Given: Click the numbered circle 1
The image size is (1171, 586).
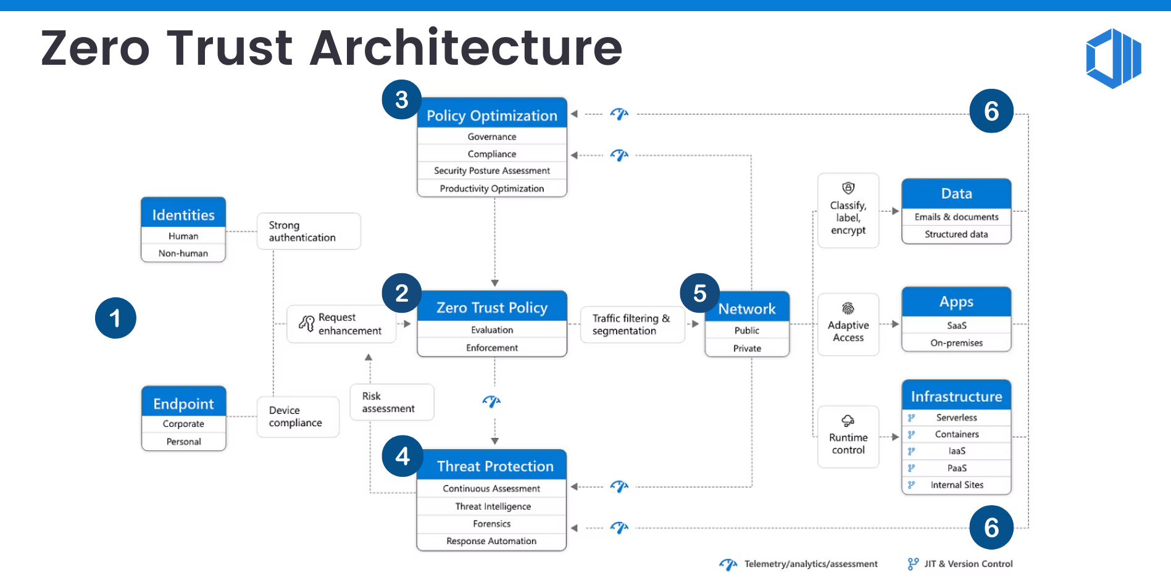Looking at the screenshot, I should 115,318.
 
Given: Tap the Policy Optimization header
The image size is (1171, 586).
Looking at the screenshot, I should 492,115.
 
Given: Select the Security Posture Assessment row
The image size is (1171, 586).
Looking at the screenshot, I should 492,171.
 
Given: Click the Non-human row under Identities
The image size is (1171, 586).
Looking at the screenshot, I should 183,254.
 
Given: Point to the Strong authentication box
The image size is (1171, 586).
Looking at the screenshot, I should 309,231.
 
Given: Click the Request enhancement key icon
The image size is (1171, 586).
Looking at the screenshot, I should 307,323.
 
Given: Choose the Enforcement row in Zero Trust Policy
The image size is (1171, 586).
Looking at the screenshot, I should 492,348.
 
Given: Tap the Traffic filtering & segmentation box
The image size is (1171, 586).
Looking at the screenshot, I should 632,324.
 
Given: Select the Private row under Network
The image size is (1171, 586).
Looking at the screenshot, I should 747,349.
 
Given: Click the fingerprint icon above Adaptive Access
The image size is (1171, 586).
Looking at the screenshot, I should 848,308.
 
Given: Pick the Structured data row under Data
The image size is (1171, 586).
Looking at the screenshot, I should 956,234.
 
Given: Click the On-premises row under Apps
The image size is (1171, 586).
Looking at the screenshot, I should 956,343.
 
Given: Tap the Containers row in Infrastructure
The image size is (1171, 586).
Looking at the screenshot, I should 956,434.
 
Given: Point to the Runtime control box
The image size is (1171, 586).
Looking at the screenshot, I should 848,437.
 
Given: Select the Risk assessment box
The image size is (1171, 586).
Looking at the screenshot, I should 391,402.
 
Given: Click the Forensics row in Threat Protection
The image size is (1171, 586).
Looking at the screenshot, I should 492,524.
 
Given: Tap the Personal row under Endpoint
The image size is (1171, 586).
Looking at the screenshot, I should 183,442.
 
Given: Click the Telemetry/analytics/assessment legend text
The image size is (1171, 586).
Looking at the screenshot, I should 811,564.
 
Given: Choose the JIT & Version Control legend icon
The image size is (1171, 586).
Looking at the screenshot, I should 913,564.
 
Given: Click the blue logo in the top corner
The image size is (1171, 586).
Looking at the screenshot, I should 1113,59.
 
